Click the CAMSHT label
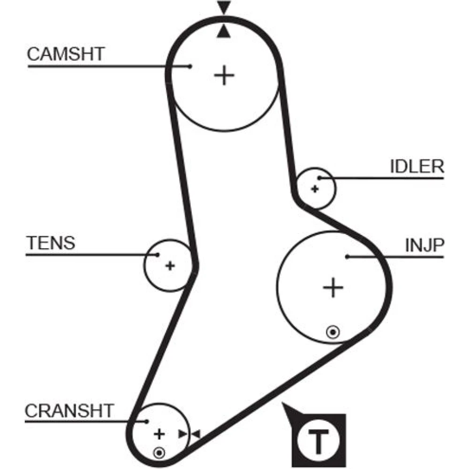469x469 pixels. pyautogui.click(x=66, y=54)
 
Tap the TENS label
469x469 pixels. pyautogui.click(x=51, y=243)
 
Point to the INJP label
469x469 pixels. pyautogui.click(x=424, y=244)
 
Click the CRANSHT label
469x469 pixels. pyautogui.click(x=69, y=411)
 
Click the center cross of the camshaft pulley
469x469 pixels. pyautogui.click(x=225, y=75)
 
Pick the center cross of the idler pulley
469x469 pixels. pyautogui.click(x=315, y=189)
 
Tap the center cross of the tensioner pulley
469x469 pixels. pyautogui.click(x=170, y=266)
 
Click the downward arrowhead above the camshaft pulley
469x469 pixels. pyautogui.click(x=224, y=8)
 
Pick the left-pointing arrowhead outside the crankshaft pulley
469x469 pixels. pyautogui.click(x=196, y=434)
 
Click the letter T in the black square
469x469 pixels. pyautogui.click(x=318, y=440)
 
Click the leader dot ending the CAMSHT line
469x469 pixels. pyautogui.click(x=189, y=66)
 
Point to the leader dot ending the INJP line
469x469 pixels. pyautogui.click(x=348, y=256)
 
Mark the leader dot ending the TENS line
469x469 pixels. pyautogui.click(x=158, y=255)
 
